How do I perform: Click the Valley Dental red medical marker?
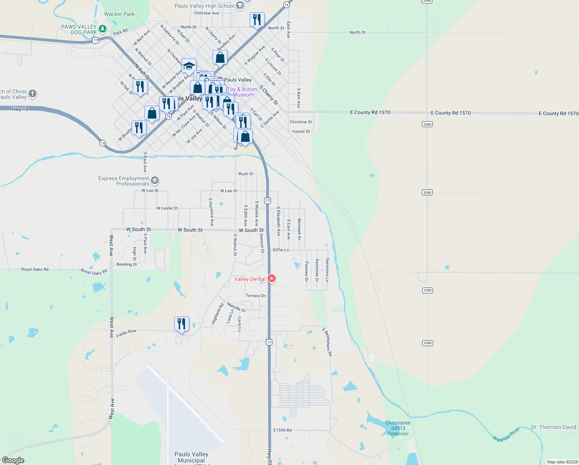click(272, 279)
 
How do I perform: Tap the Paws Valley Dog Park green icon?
click(103, 29)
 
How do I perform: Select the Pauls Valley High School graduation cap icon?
click(240, 5)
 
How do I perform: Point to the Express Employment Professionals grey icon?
click(155, 180)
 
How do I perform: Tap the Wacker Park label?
click(119, 14)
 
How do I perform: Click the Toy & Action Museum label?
click(242, 92)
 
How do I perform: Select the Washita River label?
click(506, 434)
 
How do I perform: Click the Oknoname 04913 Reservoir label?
click(398, 428)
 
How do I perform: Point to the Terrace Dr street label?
click(255, 296)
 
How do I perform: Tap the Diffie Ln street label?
click(281, 250)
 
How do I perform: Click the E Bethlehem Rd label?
click(327, 342)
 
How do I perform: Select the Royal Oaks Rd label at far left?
click(35, 269)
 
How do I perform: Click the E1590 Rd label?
click(283, 430)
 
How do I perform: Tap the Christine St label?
click(301, 122)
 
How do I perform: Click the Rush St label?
click(246, 174)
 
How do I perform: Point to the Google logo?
click(13, 460)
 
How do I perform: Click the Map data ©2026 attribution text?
click(562, 462)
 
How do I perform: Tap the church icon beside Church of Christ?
click(33, 93)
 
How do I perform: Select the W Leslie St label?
click(167, 208)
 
